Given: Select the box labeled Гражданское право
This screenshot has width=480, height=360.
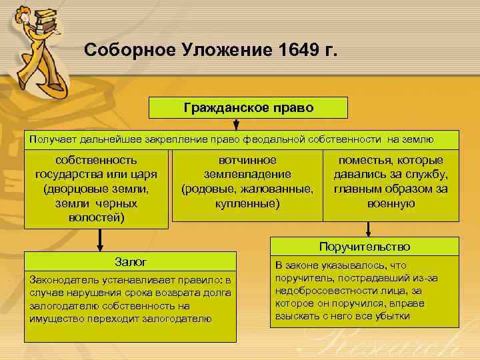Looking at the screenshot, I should point(248,107).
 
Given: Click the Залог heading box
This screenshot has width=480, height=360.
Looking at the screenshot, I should point(131,262).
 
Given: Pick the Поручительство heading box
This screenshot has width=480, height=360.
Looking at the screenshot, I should point(364,247).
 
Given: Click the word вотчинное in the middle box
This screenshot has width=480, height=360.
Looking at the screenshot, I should point(247,160).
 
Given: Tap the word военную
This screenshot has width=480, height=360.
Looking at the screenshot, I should point(391,203).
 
